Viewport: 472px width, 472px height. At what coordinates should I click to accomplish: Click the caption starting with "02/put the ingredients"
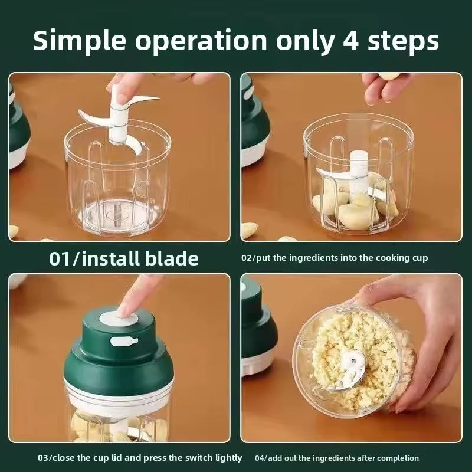[335, 258]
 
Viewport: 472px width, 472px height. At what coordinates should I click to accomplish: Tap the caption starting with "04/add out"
[336, 458]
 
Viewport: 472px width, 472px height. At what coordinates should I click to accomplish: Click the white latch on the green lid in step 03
[124, 341]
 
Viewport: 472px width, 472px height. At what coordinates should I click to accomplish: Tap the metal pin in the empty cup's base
[117, 212]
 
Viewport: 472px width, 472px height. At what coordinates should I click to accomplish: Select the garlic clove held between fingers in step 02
[389, 77]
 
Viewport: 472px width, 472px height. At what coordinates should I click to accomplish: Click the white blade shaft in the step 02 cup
[359, 168]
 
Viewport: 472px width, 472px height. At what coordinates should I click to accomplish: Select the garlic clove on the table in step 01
[13, 232]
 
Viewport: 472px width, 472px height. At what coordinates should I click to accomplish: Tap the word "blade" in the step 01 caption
[171, 258]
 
